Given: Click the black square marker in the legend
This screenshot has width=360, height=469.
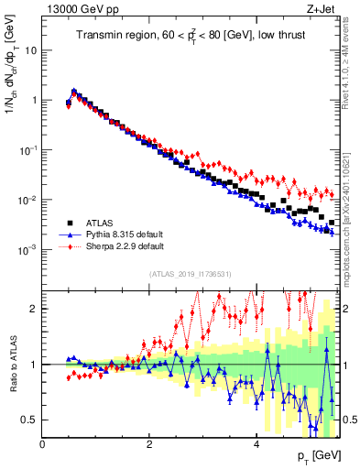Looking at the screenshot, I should coord(69,223).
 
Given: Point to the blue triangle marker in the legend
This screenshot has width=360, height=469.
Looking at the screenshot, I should coord(69,234).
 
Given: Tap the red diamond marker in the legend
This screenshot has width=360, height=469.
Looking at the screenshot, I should coord(69,246).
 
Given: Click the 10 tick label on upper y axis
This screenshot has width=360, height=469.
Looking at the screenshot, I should coord(31,50).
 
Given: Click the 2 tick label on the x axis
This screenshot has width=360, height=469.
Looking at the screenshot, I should coord(149,444).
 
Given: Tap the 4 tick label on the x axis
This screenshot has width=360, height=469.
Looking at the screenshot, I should coord(256,444).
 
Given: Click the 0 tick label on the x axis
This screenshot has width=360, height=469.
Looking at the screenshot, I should coord(42,444).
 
